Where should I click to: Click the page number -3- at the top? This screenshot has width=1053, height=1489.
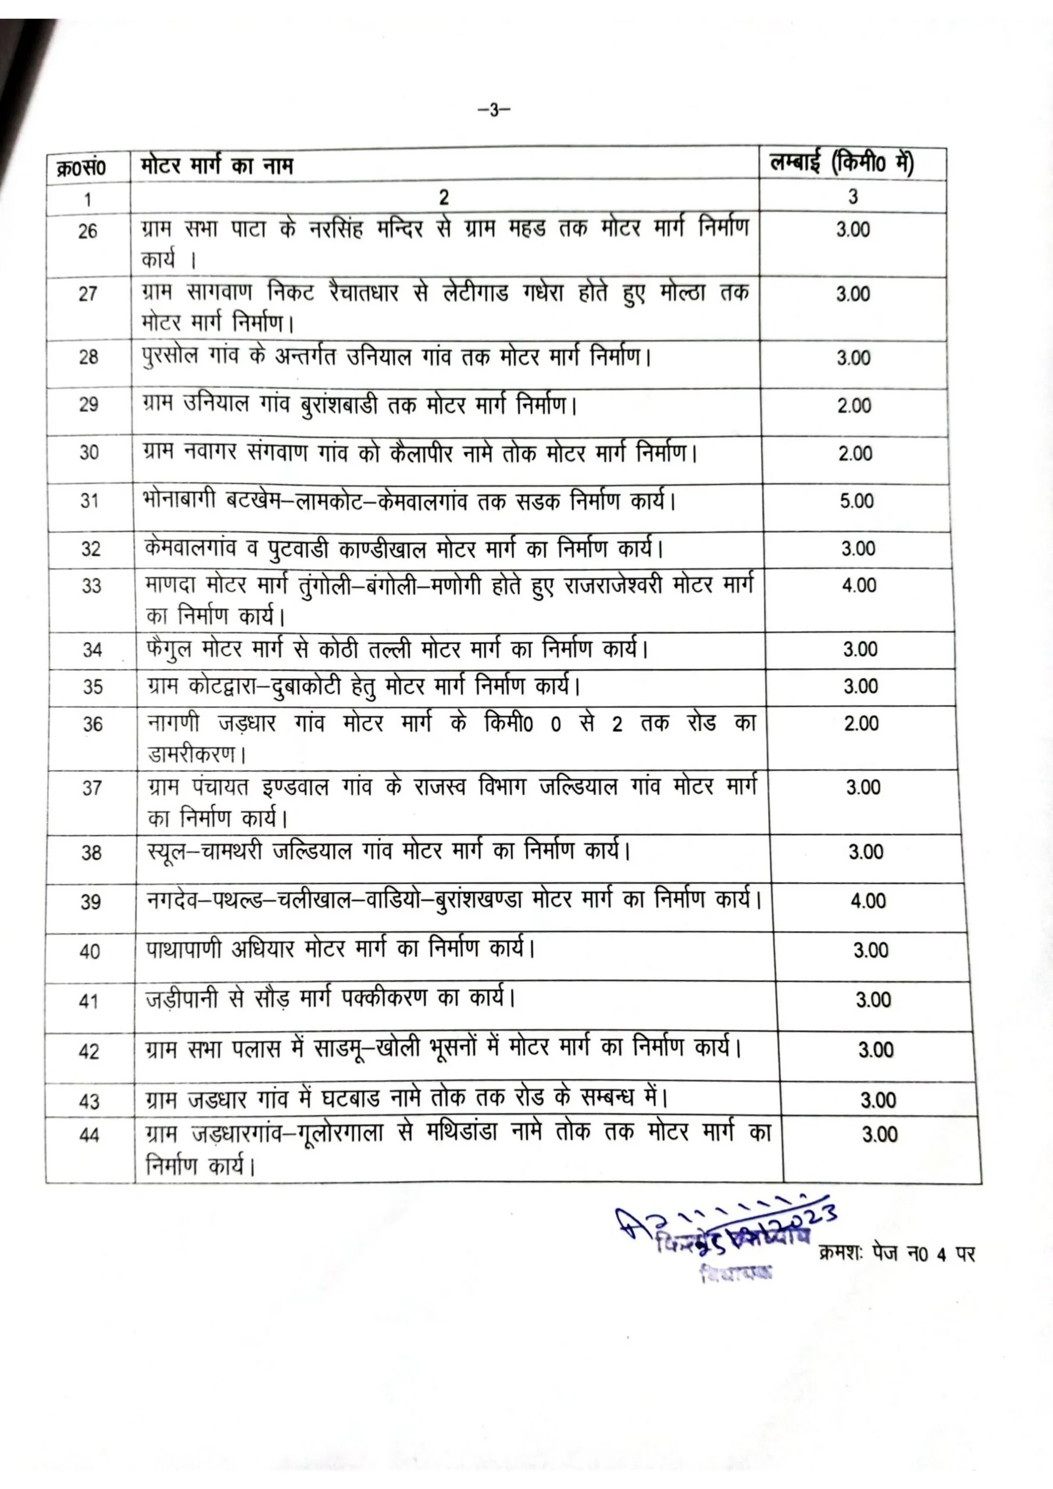[494, 111]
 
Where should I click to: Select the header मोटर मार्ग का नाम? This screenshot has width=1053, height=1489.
[216, 166]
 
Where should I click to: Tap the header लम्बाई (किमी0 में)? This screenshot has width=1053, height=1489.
[841, 164]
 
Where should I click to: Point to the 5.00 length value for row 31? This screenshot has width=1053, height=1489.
[856, 501]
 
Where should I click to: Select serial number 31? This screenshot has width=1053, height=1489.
[90, 501]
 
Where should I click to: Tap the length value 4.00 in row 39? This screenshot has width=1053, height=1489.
[868, 902]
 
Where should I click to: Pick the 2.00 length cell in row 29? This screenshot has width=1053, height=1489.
[854, 406]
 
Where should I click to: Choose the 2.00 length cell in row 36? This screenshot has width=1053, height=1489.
[861, 724]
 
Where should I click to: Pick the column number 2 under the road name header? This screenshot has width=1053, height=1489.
[444, 197]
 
